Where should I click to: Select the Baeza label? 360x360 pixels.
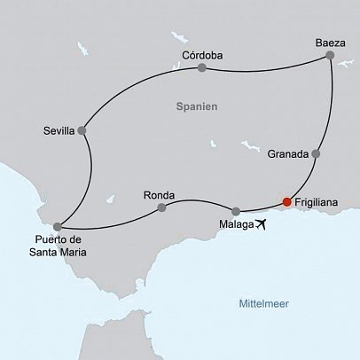[329, 42]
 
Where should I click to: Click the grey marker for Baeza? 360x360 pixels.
[330, 56]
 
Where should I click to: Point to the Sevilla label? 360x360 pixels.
[59, 131]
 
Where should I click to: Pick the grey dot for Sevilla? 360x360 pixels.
[82, 131]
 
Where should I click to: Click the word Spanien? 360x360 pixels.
[197, 106]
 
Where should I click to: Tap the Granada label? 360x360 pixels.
[288, 153]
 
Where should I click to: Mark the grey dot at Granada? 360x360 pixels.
[316, 153]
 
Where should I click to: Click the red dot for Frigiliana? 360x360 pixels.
[286, 202]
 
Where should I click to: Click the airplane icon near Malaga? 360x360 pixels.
[260, 225]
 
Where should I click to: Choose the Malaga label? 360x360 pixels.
[234, 225]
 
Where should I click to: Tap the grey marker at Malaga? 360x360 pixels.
[236, 211]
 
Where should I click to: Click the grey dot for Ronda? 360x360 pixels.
[161, 208]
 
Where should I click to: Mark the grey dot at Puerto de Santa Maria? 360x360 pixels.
[58, 226]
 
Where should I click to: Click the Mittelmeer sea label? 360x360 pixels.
[264, 304]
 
